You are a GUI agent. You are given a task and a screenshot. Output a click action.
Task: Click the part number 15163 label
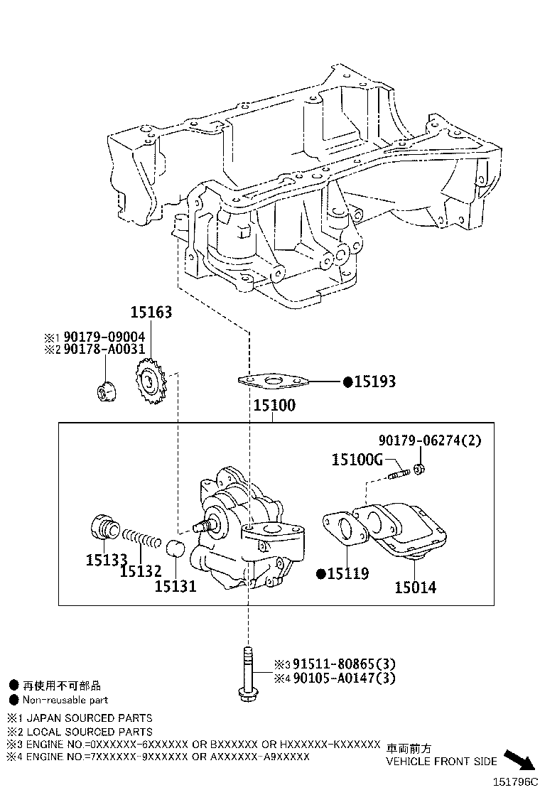(x=151, y=312)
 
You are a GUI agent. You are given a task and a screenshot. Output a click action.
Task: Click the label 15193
(x=374, y=382)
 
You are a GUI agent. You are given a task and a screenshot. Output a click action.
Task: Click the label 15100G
(x=357, y=460)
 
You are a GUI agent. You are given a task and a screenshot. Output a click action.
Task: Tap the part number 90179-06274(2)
(x=429, y=440)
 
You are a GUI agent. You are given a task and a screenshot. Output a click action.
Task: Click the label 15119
(x=347, y=573)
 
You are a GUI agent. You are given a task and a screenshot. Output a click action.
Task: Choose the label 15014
(x=416, y=588)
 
